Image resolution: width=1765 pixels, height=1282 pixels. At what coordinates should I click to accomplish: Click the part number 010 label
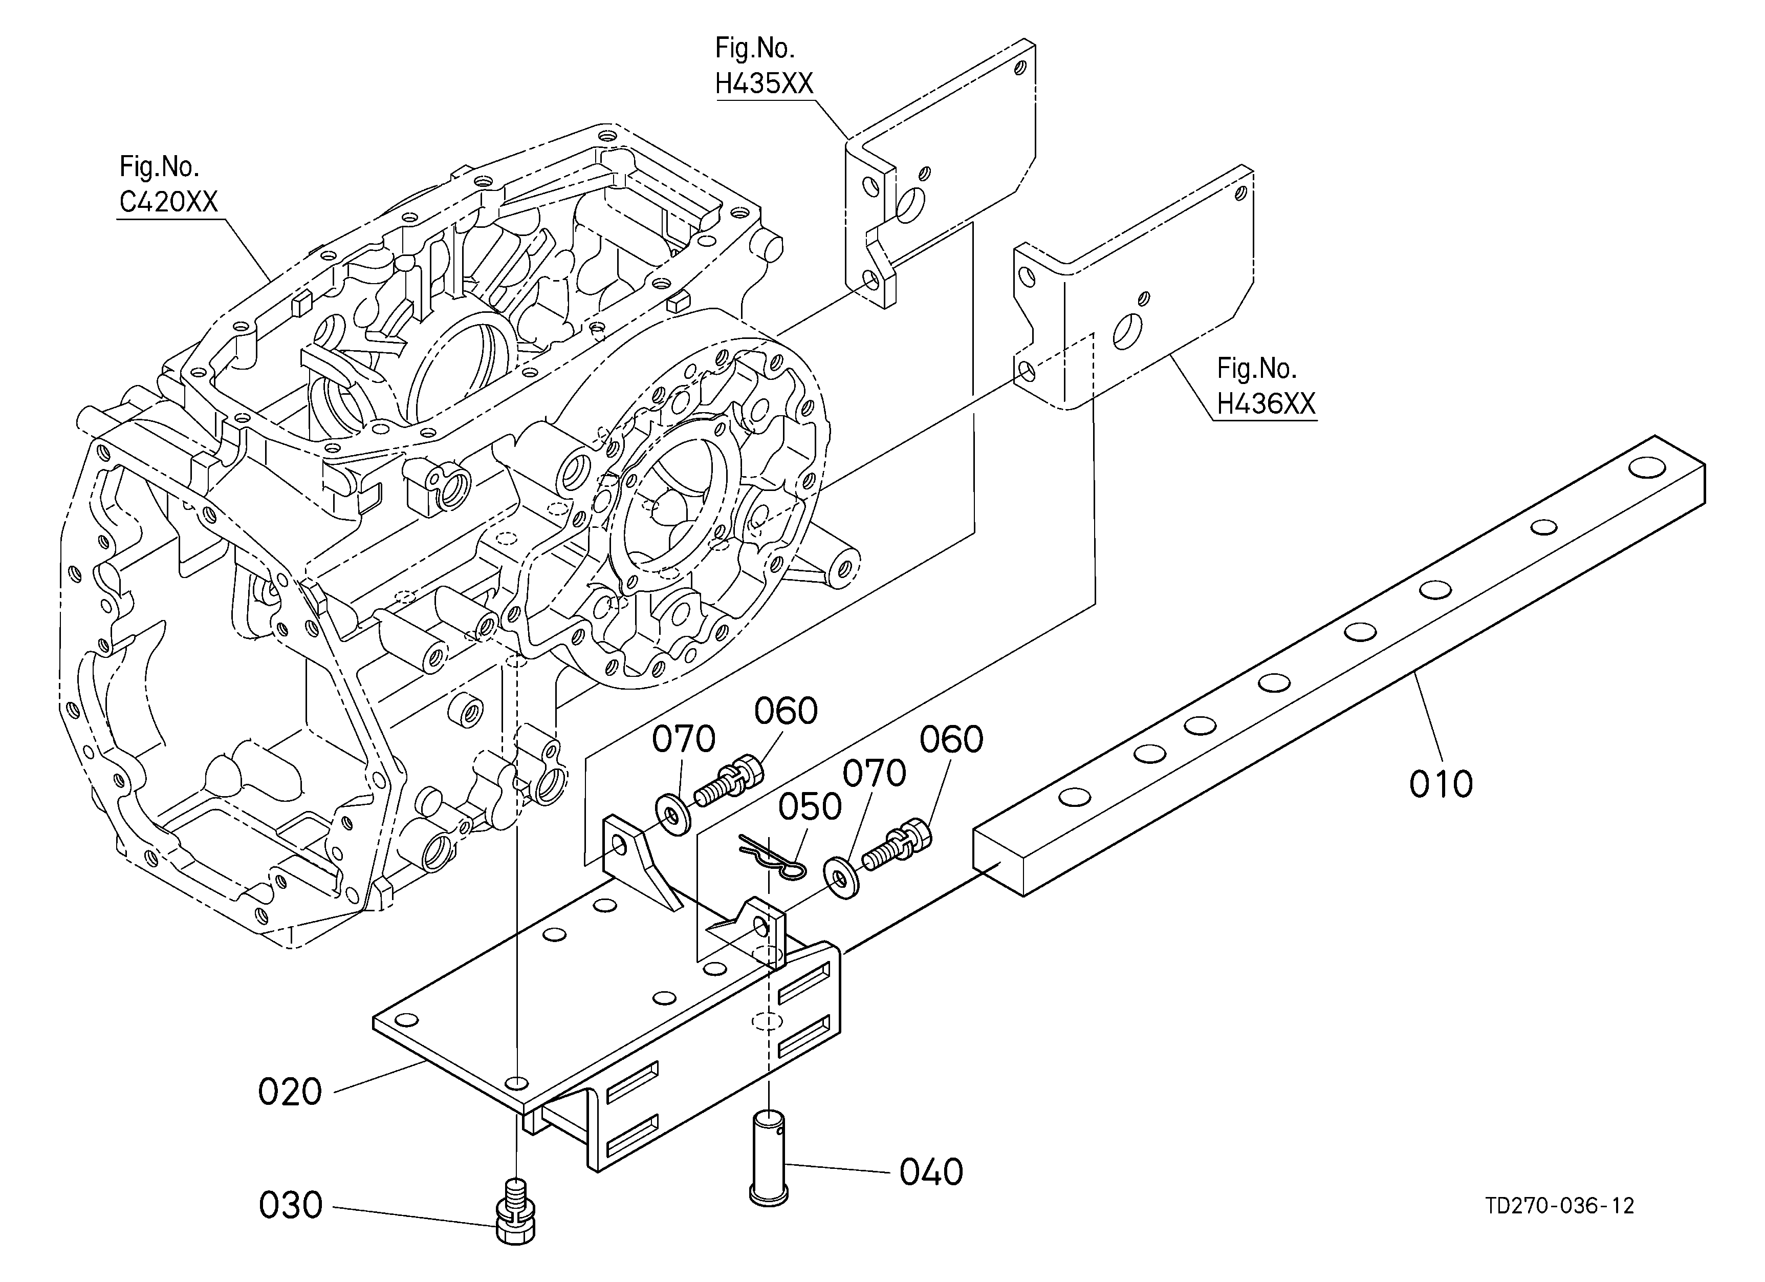[1441, 784]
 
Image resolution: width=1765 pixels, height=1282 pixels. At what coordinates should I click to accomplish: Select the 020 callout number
[290, 1092]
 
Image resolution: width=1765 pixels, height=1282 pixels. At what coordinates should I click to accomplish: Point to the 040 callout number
[931, 1172]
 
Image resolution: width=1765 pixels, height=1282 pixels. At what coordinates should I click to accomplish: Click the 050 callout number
[810, 807]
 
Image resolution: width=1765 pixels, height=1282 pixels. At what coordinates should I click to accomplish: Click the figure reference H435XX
[764, 83]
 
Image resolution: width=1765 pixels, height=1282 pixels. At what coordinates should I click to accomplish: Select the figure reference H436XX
[1266, 404]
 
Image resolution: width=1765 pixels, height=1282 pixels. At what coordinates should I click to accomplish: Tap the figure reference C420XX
[168, 202]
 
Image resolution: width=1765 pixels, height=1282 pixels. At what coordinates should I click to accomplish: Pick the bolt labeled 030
[515, 1216]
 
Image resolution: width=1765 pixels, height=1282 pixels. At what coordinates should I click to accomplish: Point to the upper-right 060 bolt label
[951, 739]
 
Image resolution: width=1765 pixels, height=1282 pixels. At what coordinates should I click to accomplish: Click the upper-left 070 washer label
[683, 739]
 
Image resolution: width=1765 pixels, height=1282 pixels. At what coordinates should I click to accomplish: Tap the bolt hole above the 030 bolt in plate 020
[516, 1083]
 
